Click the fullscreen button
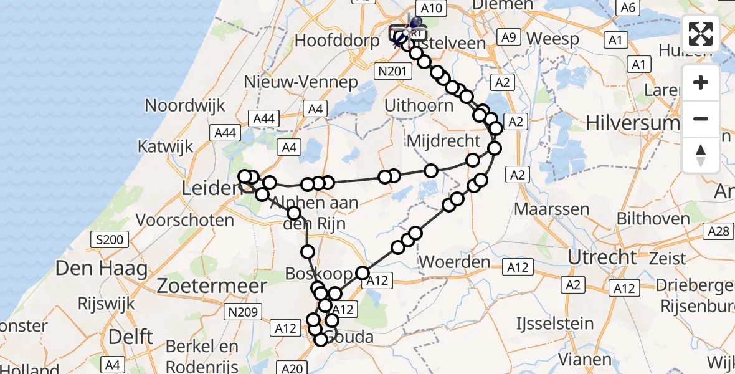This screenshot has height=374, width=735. click(701, 33)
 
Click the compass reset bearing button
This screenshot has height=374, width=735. click(701, 155)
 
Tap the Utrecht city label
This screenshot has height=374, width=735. click(602, 257)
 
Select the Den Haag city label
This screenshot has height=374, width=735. click(102, 269)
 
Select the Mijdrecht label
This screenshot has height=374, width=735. click(443, 140)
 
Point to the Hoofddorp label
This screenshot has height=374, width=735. click(337, 41)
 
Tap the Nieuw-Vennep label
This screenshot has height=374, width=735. click(301, 82)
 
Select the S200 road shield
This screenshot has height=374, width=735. click(109, 239)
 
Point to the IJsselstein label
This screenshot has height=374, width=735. click(555, 324)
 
